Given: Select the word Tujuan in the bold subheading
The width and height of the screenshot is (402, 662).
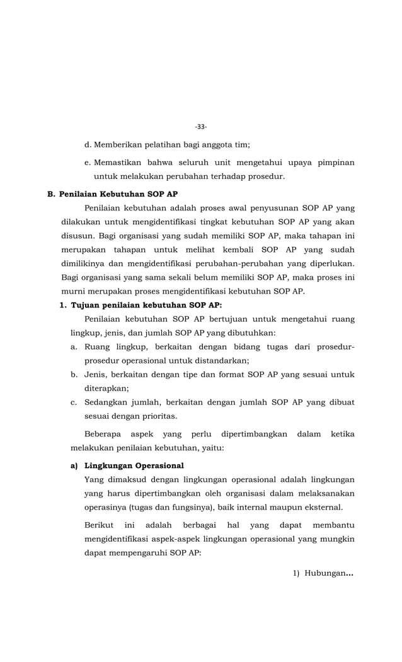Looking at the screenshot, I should pos(86,305).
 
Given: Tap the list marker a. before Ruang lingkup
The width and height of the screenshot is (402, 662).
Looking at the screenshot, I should pos(74,346).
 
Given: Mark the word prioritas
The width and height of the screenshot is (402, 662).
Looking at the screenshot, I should pos(156,416).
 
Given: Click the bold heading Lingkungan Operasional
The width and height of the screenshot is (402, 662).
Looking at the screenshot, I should pos(134,465).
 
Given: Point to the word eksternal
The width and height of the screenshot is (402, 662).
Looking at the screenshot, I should pos(321,507).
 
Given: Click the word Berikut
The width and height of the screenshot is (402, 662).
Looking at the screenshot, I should pos(100,525).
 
